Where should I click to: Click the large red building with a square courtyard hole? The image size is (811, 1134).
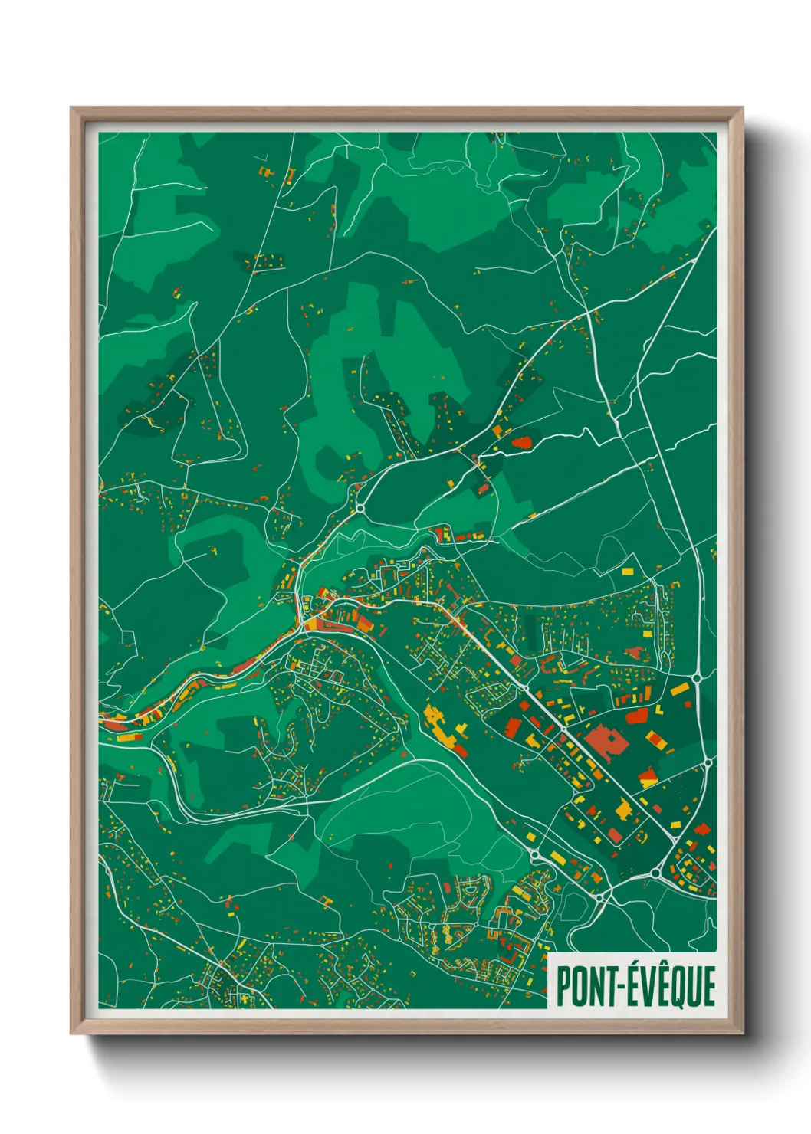click(x=606, y=742)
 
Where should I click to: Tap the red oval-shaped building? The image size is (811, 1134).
click(x=522, y=443)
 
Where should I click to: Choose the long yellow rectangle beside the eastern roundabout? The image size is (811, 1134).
click(x=679, y=689)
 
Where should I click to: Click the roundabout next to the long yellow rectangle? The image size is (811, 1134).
click(x=697, y=677)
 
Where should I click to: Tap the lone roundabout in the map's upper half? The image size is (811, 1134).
click(x=360, y=506)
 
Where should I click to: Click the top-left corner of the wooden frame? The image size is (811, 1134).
click(x=73, y=110)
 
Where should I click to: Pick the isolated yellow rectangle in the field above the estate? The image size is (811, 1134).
click(x=628, y=571)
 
